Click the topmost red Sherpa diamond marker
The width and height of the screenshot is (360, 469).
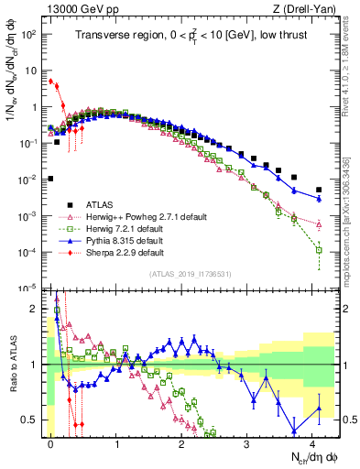[x=51, y=81]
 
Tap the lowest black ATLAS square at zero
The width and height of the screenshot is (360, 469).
[x=51, y=179]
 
